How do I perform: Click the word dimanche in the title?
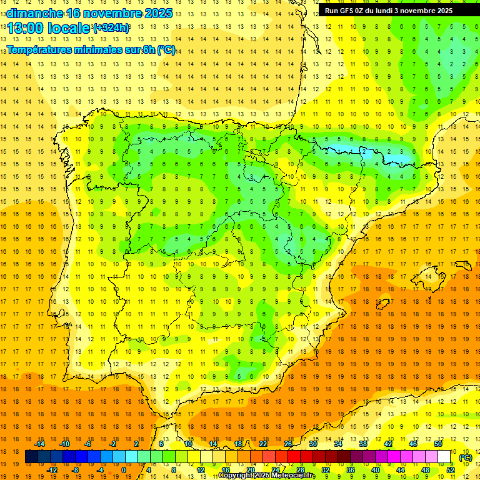coord(34,13)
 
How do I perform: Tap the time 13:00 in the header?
coord(26,28)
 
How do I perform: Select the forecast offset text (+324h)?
coord(111,28)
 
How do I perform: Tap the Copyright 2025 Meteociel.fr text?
coord(267,476)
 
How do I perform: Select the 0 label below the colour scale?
coord(124,469)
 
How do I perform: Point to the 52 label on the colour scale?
coord(451,469)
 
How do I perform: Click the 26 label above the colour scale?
coord(288,444)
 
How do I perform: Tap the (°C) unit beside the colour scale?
coord(466,457)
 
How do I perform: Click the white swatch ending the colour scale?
coord(444,457)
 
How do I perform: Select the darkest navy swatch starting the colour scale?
coord(31,457)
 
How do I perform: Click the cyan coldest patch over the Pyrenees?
coord(350,150)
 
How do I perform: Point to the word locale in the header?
coord(69,28)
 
